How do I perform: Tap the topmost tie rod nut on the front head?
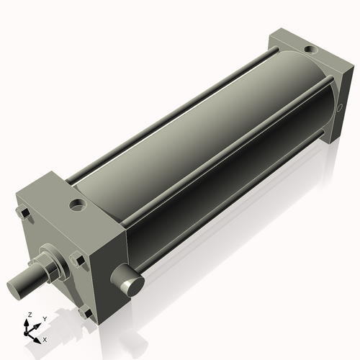coord(23,215)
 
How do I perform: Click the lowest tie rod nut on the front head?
coord(86,313)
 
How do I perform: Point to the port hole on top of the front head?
coord(76,207)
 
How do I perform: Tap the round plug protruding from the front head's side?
coord(128,282)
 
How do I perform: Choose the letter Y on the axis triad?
coord(44,318)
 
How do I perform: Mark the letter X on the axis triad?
coord(45,338)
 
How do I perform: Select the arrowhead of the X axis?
coord(39,336)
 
